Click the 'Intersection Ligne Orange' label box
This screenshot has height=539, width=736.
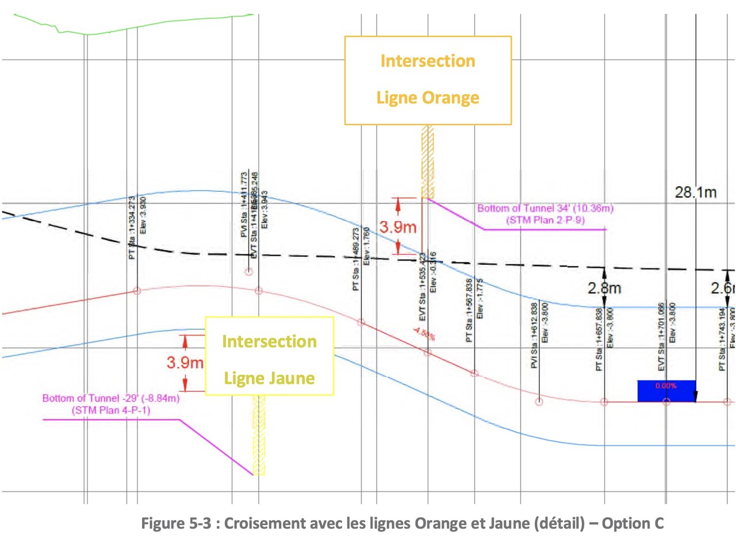pos(428,80)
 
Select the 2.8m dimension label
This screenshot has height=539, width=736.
pos(604,287)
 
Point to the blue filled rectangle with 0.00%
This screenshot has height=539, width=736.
pos(666,390)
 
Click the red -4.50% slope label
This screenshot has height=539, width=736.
pos(423,334)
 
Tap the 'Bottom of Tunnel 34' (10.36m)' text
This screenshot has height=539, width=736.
pos(545,209)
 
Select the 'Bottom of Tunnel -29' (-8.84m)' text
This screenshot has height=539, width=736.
pos(110,398)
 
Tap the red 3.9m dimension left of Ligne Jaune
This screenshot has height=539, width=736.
pos(185,363)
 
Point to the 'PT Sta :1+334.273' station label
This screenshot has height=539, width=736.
pos(132,225)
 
